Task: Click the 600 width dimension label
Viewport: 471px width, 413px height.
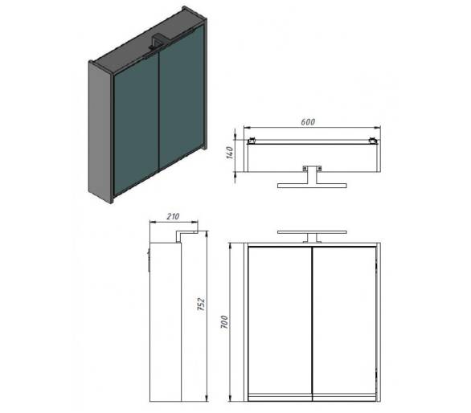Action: tap(308, 122)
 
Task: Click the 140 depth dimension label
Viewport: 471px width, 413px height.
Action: tap(230, 153)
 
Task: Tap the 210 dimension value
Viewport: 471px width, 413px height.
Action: tap(173, 216)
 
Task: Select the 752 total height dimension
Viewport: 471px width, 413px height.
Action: tap(201, 304)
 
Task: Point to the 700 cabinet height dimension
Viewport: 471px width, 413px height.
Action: tap(224, 322)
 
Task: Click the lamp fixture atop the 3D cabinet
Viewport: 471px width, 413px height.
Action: tap(157, 42)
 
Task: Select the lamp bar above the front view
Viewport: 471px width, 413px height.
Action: tap(312, 232)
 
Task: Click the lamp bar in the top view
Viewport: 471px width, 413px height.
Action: tap(312, 186)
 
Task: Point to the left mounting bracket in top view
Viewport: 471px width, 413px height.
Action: tap(251, 141)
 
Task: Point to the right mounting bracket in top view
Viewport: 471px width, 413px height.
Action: tap(374, 141)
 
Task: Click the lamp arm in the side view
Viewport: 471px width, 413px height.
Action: tap(186, 235)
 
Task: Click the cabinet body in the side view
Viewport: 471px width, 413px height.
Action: tap(166, 321)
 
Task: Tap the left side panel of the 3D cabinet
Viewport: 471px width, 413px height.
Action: tap(100, 130)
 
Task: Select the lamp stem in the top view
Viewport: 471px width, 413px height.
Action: tap(312, 177)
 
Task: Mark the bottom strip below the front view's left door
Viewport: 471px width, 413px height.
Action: tap(280, 398)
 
